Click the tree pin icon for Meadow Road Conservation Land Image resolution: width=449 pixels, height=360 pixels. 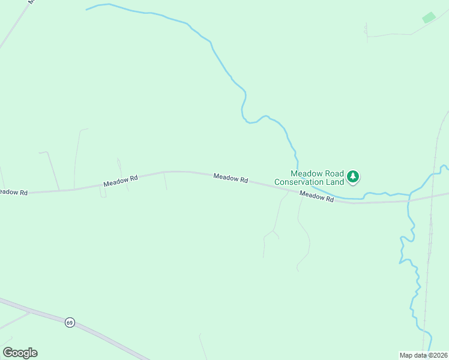pyautogui.click(x=354, y=176)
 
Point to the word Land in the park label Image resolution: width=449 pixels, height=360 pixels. pyautogui.click(x=336, y=181)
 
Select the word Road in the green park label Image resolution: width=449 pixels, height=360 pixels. pyautogui.click(x=330, y=173)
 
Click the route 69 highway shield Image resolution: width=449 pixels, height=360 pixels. pyautogui.click(x=70, y=322)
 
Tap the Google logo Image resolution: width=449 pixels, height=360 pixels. pyautogui.click(x=20, y=353)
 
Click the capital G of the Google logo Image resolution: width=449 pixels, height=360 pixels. pyautogui.click(x=8, y=352)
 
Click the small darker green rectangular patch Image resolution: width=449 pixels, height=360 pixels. pyautogui.click(x=429, y=17)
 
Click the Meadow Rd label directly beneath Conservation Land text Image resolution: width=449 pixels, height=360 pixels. pyautogui.click(x=316, y=196)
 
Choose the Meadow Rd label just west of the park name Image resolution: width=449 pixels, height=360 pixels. pyautogui.click(x=231, y=178)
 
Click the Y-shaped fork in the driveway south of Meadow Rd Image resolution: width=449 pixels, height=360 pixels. pyautogui.click(x=274, y=231)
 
